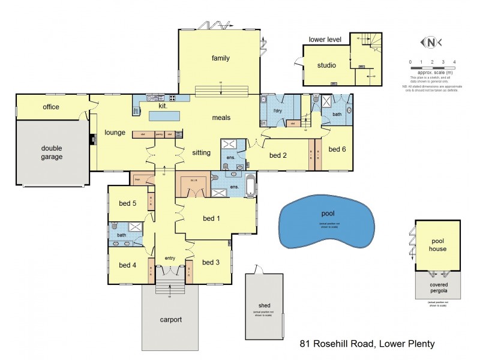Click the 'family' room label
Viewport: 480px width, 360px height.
coord(221,58)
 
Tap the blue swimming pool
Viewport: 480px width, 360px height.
coord(327,221)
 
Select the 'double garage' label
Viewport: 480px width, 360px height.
coord(52,152)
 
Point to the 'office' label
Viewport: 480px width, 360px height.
coord(51,107)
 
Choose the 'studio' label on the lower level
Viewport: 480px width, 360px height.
coord(326,65)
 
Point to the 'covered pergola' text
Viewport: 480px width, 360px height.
coord(437,288)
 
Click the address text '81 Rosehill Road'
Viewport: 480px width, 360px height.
coord(336,344)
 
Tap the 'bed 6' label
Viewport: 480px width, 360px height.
coord(338,149)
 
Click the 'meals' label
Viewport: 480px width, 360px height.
coord(221,118)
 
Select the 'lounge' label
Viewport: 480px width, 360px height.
coord(114,132)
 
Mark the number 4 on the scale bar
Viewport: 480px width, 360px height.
coord(454,62)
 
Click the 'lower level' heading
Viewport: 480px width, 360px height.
coord(325,40)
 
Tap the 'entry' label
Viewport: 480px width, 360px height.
coord(170,258)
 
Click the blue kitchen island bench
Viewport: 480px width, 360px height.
coord(166,116)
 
